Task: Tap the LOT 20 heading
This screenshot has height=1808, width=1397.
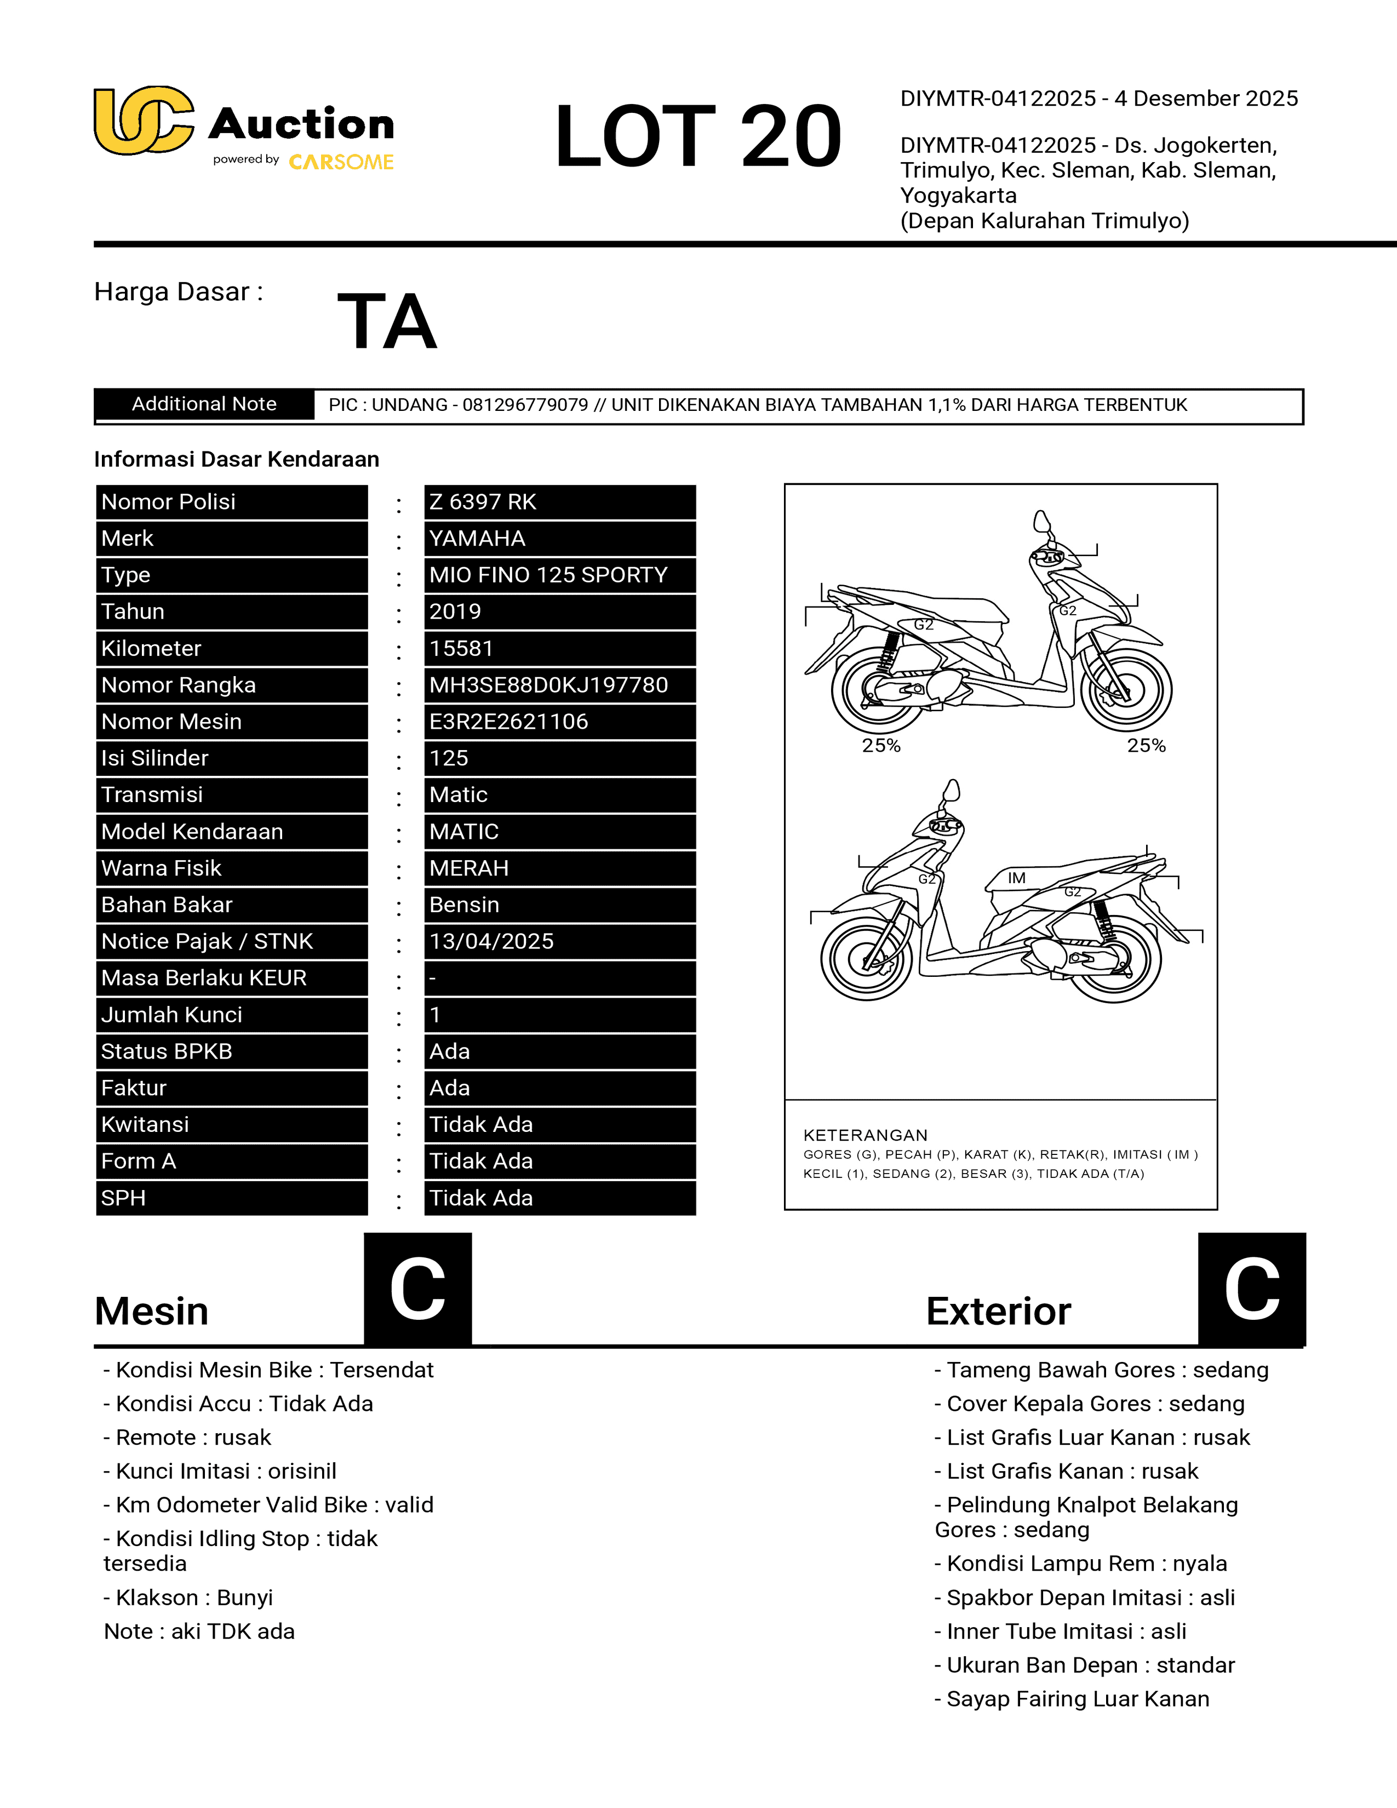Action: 697,136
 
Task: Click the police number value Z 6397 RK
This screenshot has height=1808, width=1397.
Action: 483,502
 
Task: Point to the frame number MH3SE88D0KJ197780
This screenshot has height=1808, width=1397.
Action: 548,685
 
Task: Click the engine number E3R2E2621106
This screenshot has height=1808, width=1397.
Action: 508,721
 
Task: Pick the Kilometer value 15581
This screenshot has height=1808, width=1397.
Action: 461,648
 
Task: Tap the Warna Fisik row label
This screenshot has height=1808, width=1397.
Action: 162,868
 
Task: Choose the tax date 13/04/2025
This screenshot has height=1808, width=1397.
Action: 491,941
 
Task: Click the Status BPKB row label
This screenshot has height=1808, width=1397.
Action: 167,1051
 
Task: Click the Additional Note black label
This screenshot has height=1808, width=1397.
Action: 204,404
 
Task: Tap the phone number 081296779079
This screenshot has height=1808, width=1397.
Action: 525,405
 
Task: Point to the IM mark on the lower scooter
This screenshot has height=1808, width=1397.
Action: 1016,878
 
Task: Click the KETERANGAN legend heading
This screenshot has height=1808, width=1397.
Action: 865,1135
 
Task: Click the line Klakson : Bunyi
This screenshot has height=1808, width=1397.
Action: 188,1597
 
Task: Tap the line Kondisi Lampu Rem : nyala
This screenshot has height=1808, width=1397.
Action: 1081,1563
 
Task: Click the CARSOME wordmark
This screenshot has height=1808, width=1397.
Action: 341,162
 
